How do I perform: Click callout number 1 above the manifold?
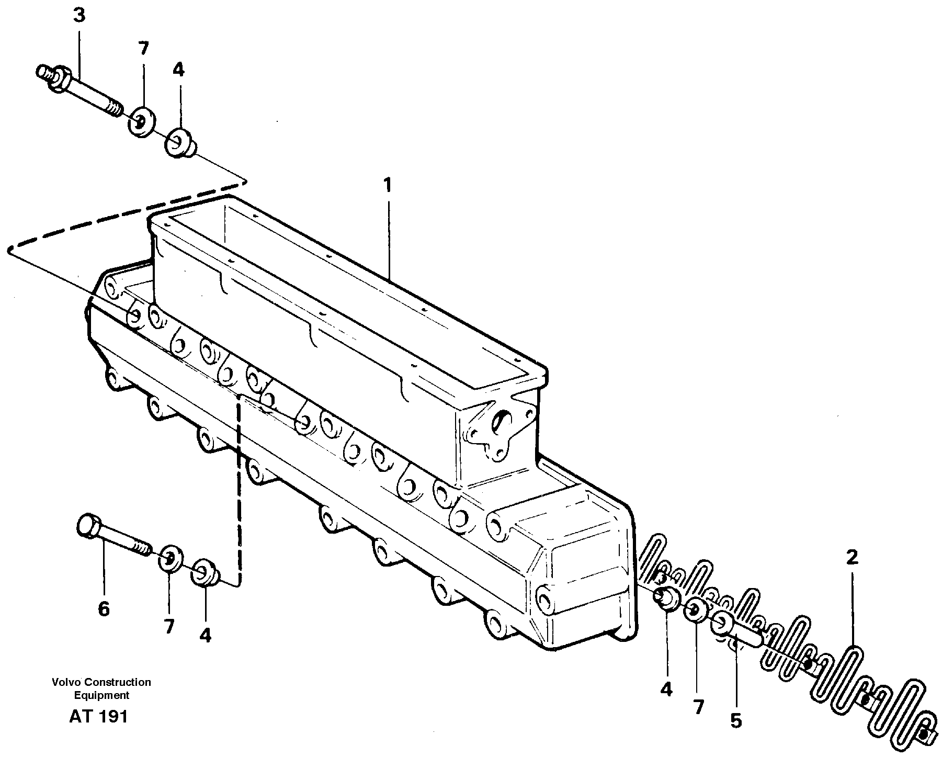click(x=387, y=185)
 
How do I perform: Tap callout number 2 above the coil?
click(x=852, y=558)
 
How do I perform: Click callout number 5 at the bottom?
click(x=735, y=721)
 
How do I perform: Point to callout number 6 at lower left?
click(x=104, y=609)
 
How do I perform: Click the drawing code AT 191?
click(x=98, y=717)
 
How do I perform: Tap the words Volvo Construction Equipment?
click(x=101, y=688)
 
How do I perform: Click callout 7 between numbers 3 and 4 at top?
click(x=143, y=49)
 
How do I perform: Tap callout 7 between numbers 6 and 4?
click(x=168, y=626)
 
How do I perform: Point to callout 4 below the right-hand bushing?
click(x=666, y=690)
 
